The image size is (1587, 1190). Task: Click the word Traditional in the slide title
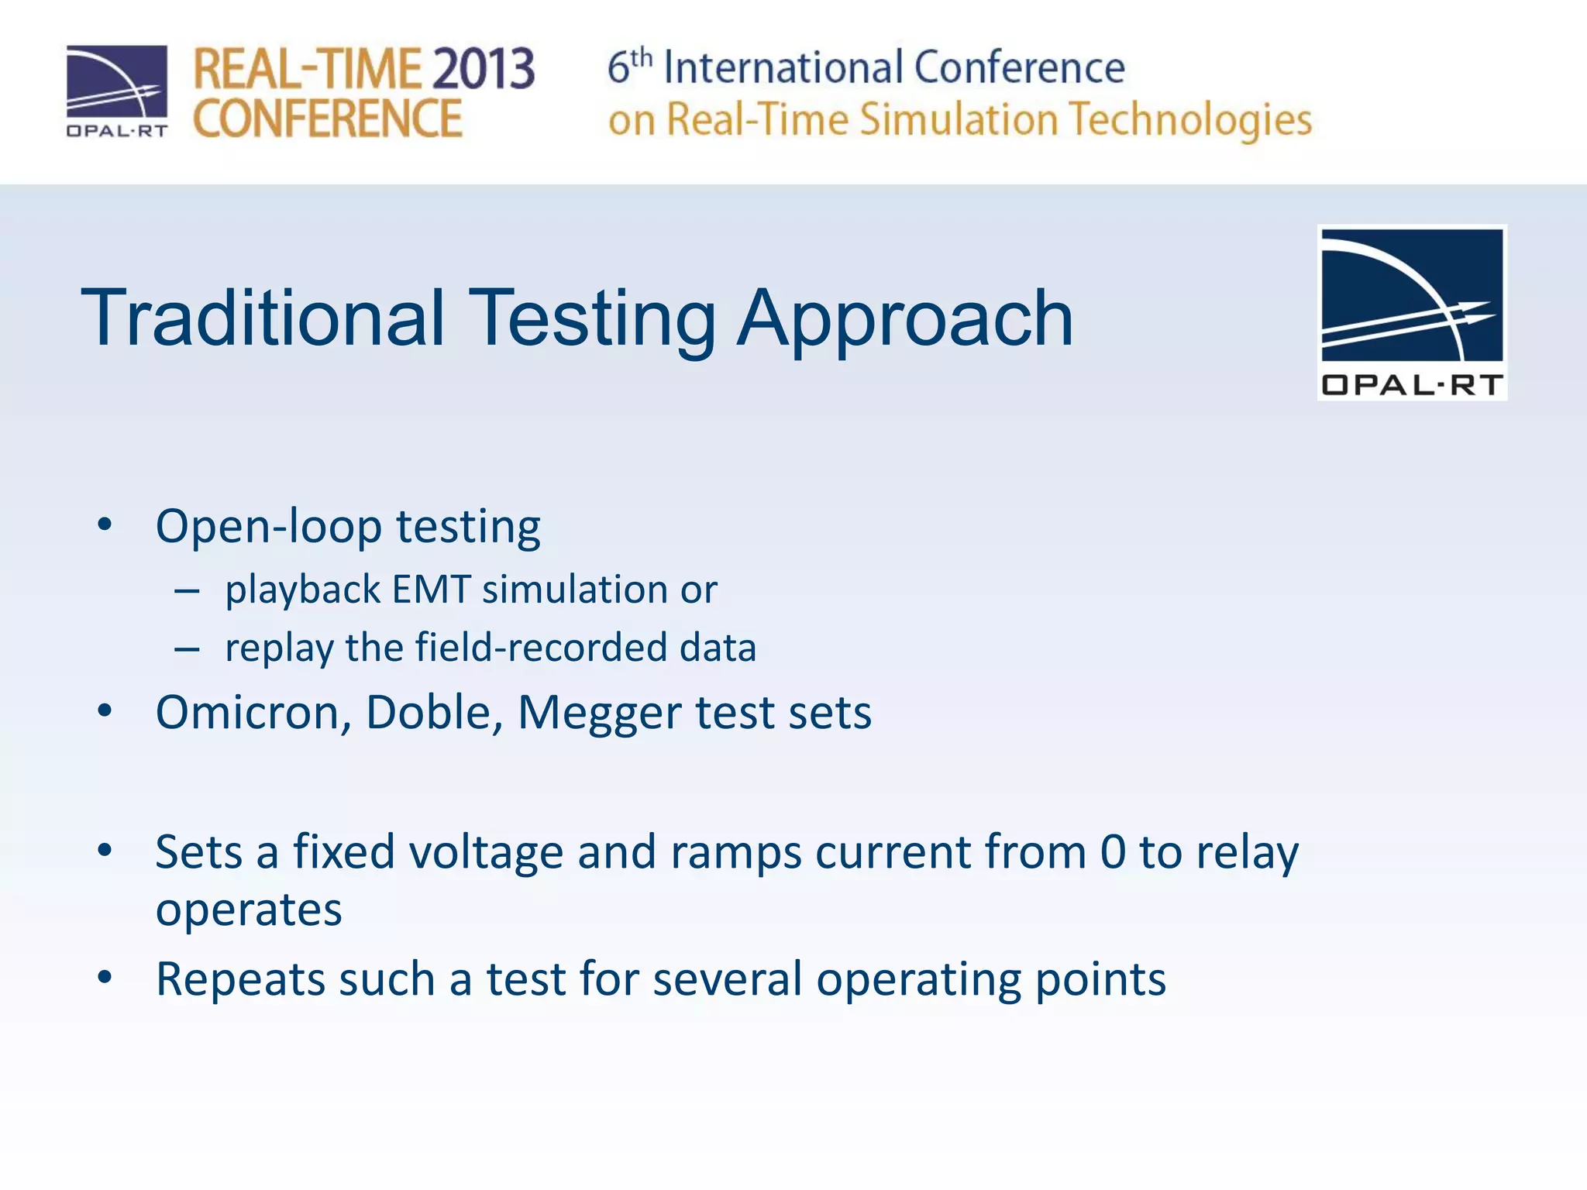(x=263, y=318)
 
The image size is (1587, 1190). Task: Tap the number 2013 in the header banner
(x=483, y=69)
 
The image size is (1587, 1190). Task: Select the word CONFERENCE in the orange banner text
(x=327, y=119)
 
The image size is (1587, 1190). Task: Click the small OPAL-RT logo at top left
(x=117, y=91)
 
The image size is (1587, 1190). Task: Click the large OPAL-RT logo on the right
(x=1411, y=312)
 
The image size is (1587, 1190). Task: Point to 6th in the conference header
(x=628, y=67)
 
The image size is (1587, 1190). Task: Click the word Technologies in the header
(x=1190, y=120)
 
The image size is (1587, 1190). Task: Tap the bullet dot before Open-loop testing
(x=105, y=524)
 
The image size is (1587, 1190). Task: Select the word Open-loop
(x=268, y=528)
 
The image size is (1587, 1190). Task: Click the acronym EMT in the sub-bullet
(x=432, y=590)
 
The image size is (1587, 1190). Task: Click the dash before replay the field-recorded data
(x=187, y=648)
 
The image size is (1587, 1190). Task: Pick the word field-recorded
(x=541, y=648)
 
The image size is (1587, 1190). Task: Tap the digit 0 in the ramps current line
(x=1112, y=852)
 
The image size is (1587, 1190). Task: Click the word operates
(x=249, y=910)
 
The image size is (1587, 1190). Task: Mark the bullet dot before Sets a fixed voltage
(x=105, y=851)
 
